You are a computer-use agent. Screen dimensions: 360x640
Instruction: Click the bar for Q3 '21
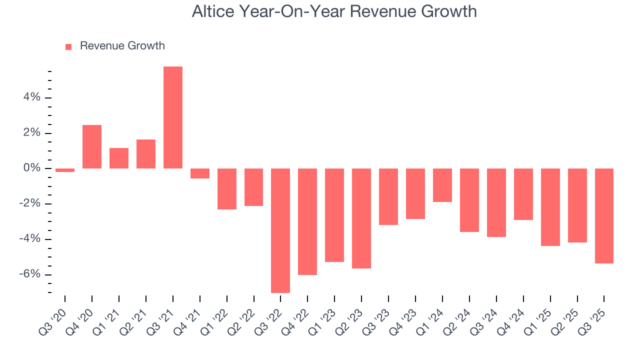click(x=173, y=117)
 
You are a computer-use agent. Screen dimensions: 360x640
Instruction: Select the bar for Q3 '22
click(x=280, y=230)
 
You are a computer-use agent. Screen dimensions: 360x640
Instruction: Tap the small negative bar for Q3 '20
click(x=65, y=170)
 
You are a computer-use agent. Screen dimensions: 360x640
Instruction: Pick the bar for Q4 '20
click(x=92, y=146)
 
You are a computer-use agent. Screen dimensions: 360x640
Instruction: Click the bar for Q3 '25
click(x=604, y=216)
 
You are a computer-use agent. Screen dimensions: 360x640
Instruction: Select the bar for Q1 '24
click(x=442, y=185)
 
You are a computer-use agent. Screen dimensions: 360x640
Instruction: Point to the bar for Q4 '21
click(x=200, y=173)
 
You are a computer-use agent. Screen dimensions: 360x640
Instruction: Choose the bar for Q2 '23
click(x=361, y=218)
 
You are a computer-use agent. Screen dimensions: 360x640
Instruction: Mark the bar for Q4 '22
click(x=307, y=221)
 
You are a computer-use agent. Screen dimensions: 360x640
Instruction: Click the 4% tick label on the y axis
click(x=31, y=97)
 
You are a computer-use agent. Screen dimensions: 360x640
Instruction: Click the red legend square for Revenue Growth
click(x=68, y=46)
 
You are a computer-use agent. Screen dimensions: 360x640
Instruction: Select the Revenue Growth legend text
click(x=122, y=46)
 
